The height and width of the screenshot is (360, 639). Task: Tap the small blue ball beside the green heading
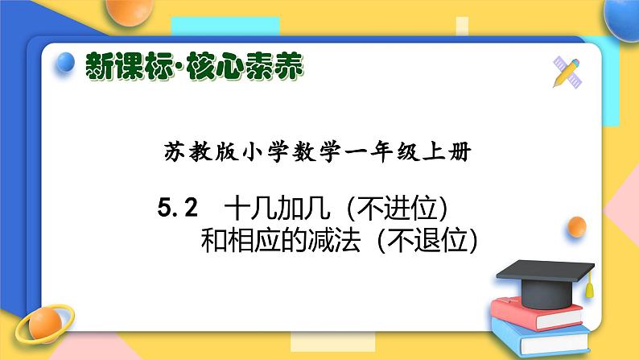pos(66,60)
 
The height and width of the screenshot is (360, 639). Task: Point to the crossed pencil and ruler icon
pos(567,72)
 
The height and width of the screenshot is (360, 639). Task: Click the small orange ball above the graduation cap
pos(576,227)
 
